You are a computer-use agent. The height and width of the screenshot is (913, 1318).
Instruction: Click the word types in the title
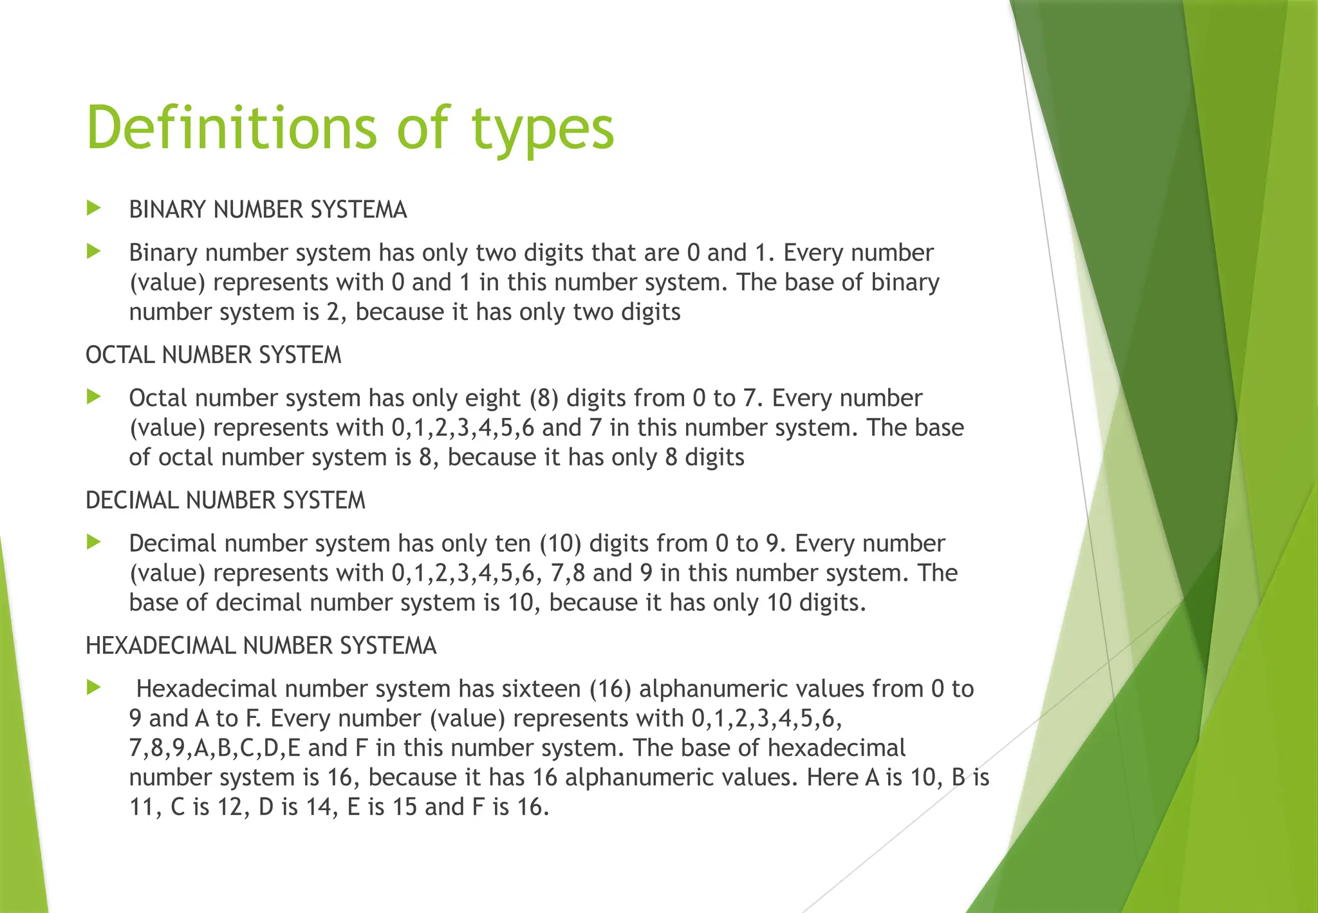click(543, 131)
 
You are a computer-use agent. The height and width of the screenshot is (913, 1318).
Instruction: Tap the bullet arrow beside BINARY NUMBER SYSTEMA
click(94, 208)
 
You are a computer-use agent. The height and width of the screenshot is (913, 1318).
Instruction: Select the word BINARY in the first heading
click(167, 210)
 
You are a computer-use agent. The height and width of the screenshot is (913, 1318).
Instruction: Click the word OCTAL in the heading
click(120, 355)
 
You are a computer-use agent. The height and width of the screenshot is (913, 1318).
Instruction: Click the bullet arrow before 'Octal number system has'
click(94, 397)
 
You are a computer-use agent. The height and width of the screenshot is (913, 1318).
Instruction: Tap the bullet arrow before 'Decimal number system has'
click(94, 542)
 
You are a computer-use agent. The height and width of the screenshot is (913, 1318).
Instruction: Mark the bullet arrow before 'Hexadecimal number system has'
click(94, 688)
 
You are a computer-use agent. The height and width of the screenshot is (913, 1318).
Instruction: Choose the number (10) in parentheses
click(561, 544)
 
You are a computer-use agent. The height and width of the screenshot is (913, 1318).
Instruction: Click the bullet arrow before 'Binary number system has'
click(94, 251)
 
